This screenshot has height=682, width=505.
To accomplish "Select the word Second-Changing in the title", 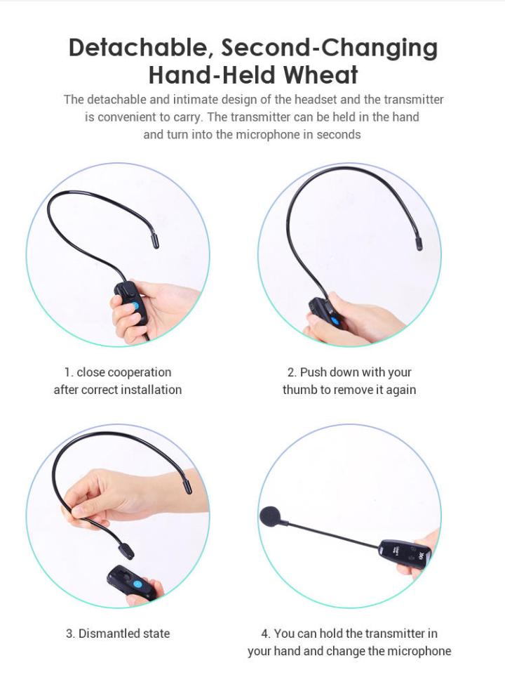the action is point(330,48).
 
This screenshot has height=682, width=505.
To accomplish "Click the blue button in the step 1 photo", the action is point(135,306).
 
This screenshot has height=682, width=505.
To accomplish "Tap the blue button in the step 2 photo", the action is point(335,322).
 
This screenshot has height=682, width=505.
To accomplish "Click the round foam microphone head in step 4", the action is point(271,517).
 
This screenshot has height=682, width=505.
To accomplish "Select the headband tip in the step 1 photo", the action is point(155,242).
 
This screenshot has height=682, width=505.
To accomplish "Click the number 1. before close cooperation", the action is point(69,373).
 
